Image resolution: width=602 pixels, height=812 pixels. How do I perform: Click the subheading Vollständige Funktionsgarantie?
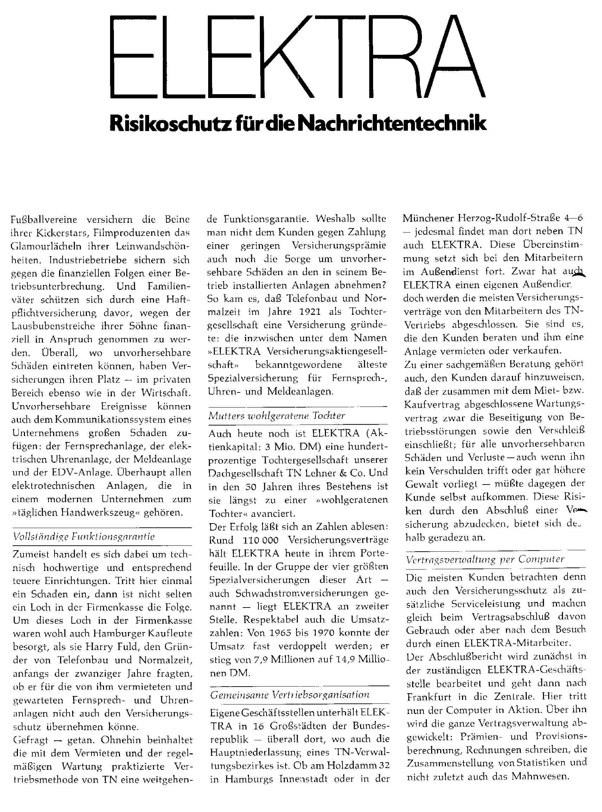coord(84,537)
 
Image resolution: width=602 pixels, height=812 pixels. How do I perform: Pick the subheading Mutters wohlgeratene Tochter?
coord(277,415)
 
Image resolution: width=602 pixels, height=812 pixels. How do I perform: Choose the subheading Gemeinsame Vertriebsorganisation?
coord(290,695)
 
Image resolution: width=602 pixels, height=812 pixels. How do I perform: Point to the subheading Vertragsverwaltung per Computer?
coord(485,559)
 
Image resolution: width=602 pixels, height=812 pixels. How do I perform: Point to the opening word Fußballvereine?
coord(44,220)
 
